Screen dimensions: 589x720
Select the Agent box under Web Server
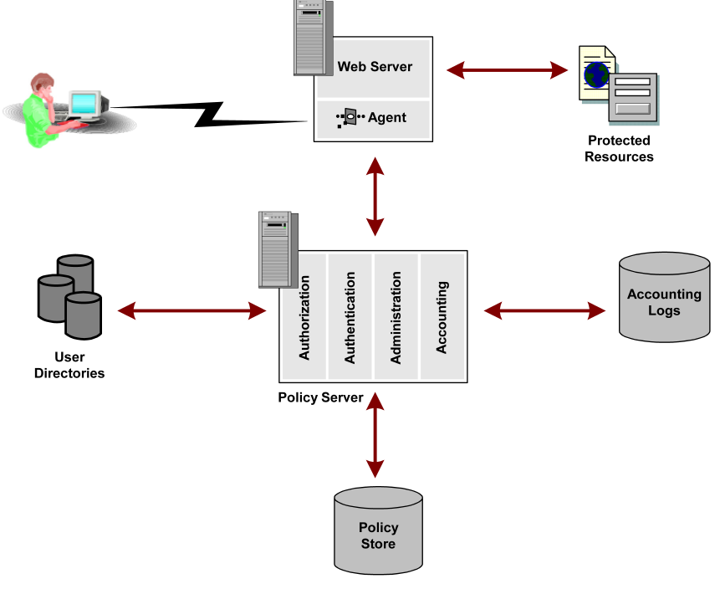374,118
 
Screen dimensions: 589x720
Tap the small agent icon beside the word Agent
350,118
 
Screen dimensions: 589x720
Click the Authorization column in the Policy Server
304,316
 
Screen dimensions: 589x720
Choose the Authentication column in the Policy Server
350,316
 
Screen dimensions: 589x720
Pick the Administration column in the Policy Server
396,316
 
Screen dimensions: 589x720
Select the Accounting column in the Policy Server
442,316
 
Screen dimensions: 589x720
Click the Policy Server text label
320,397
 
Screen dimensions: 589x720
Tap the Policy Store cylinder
378,531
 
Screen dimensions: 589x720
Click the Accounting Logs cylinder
664,299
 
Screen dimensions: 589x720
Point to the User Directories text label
69,366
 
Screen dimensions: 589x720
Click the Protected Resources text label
619,149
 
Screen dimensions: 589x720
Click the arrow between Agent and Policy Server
375,197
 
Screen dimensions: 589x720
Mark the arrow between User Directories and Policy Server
191,311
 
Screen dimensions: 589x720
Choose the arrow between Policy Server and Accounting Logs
544,311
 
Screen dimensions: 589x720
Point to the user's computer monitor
86,103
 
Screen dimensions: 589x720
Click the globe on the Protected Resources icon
596,74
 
